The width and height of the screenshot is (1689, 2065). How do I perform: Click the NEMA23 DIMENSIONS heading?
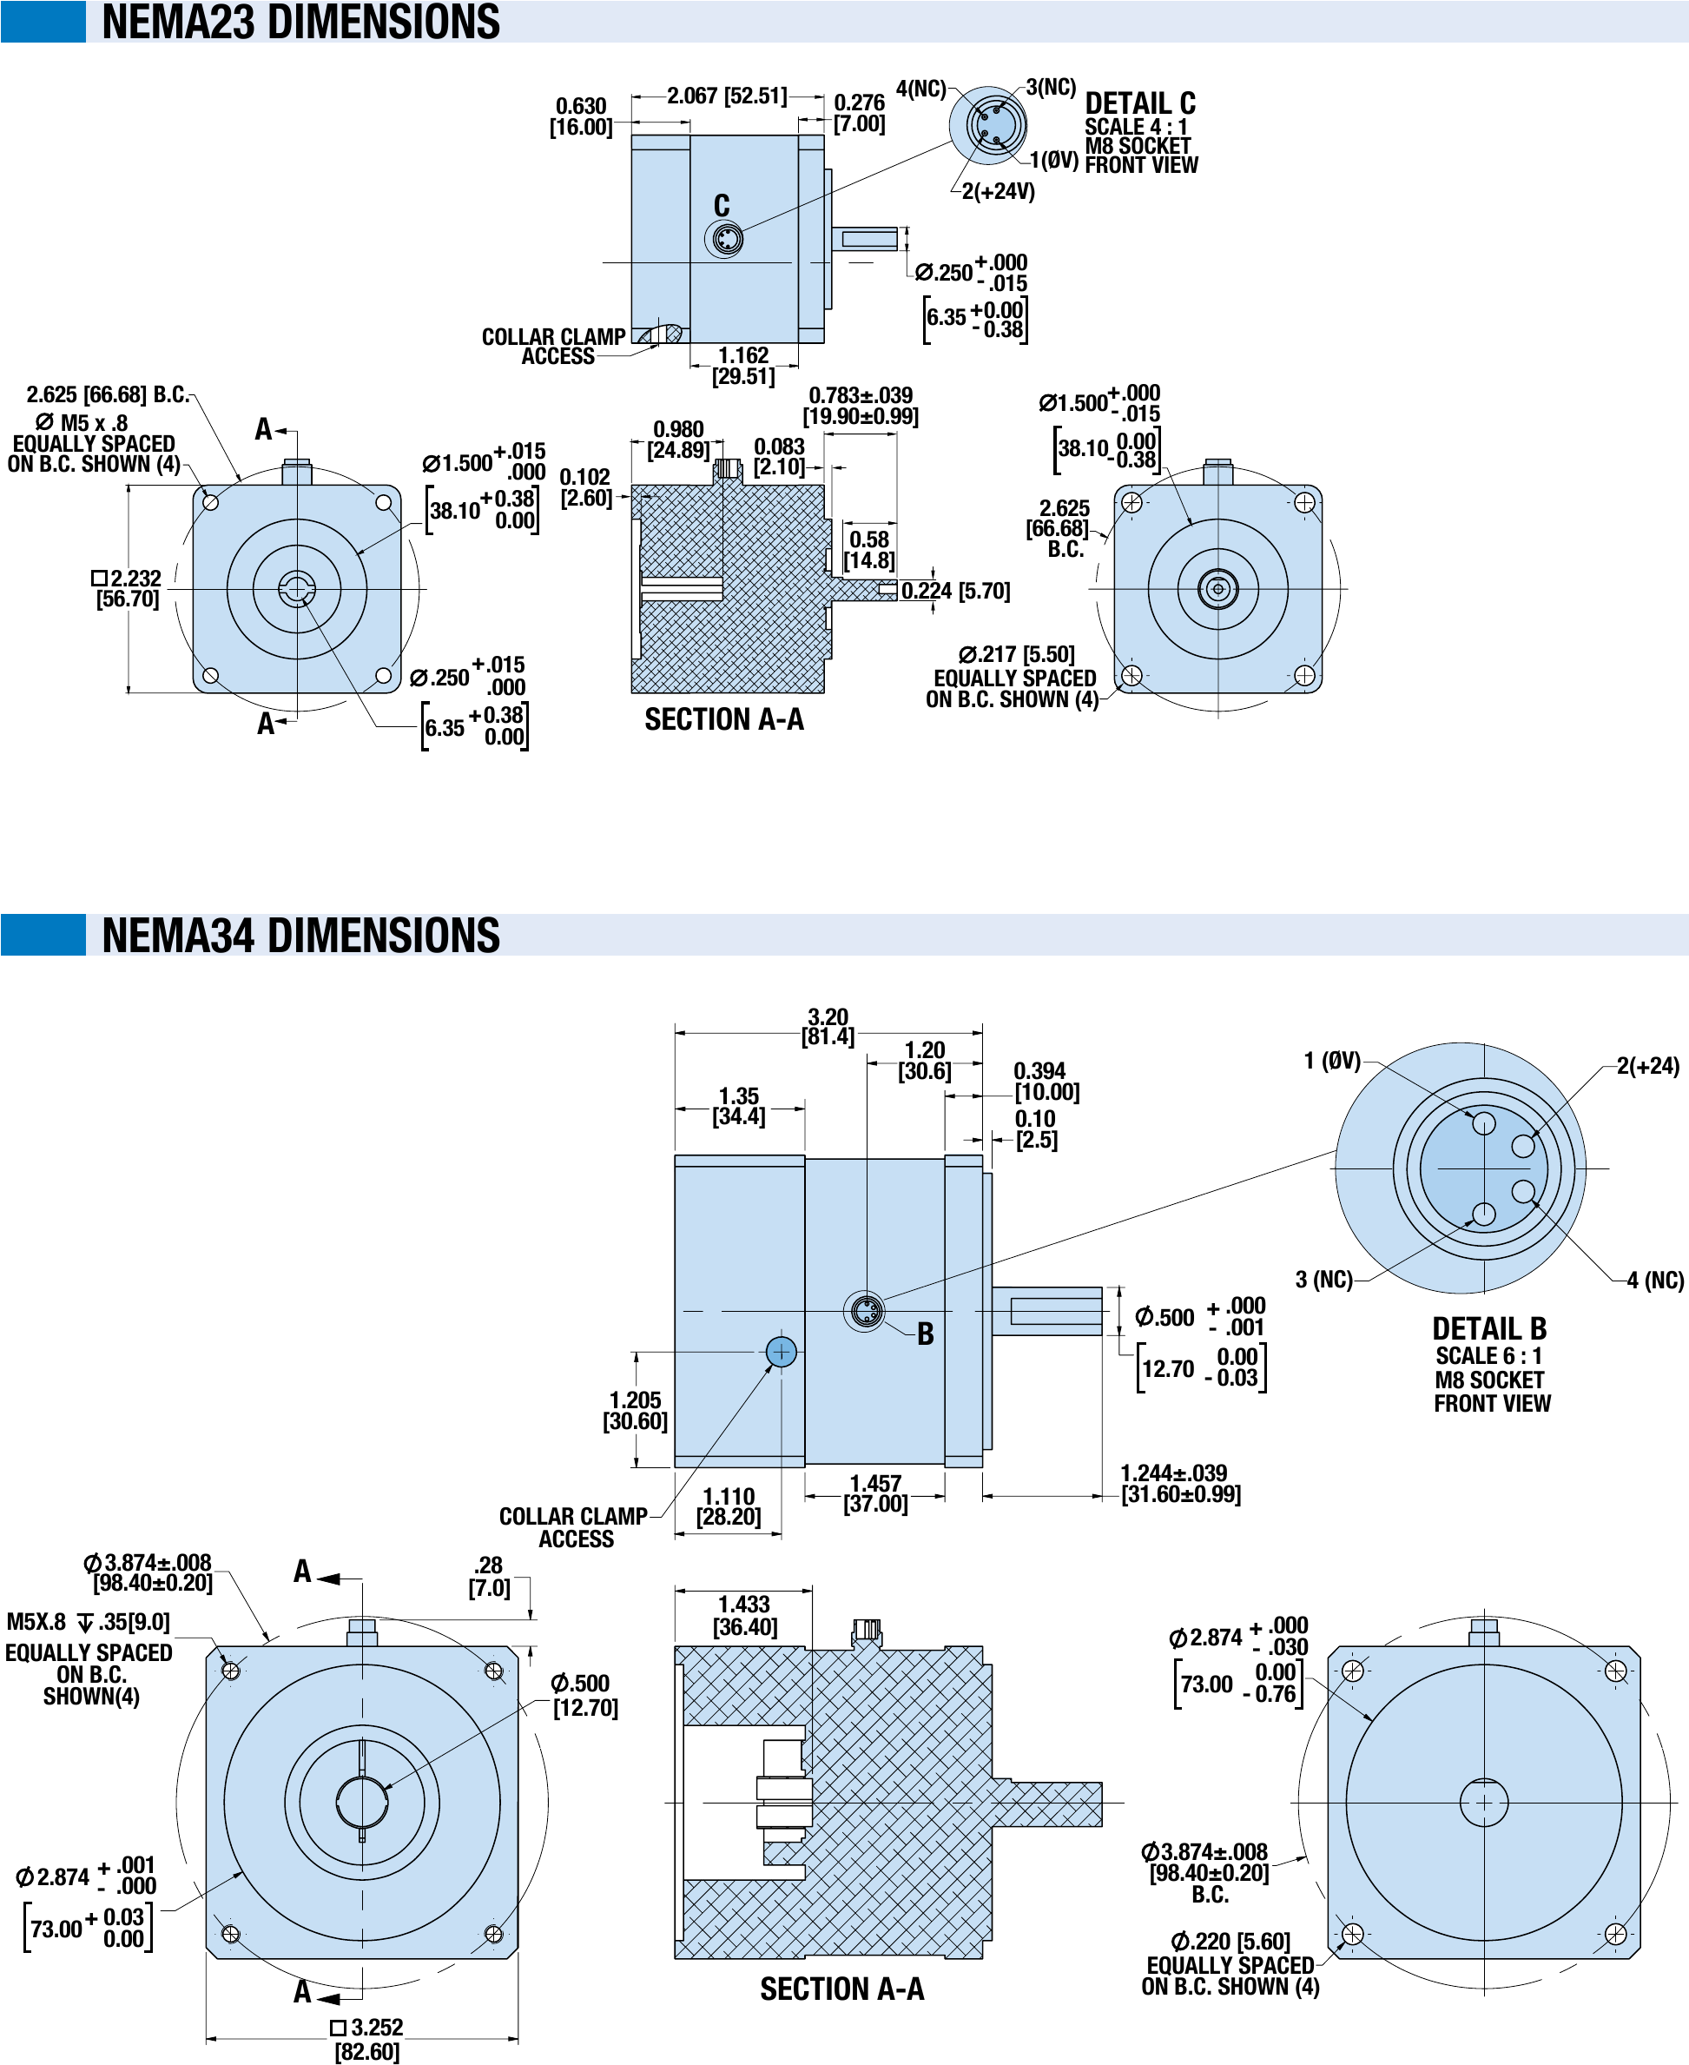(x=300, y=22)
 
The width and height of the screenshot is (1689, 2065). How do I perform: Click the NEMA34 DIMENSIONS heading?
(x=300, y=935)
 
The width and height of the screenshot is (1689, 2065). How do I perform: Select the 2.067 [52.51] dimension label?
(x=726, y=96)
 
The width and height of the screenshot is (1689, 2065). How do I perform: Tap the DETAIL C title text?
(x=1139, y=103)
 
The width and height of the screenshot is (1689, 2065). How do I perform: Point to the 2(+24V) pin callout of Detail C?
(x=997, y=192)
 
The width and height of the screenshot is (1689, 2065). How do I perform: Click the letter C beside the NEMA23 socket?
(x=721, y=205)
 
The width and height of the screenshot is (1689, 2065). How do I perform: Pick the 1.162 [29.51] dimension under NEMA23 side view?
(x=743, y=366)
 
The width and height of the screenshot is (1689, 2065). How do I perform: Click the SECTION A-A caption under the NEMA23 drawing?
(x=724, y=720)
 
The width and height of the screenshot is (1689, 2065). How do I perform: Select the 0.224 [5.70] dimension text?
(x=954, y=591)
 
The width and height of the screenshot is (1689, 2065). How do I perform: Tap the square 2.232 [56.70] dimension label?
(x=128, y=589)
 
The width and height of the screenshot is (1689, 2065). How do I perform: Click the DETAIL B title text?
(x=1488, y=1328)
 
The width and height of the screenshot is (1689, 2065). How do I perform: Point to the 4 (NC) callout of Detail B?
(x=1654, y=1280)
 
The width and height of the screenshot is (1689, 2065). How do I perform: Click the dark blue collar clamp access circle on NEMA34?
(x=782, y=1352)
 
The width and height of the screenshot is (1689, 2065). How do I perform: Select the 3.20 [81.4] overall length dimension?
(x=828, y=1027)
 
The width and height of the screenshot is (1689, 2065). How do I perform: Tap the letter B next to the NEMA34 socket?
(x=925, y=1334)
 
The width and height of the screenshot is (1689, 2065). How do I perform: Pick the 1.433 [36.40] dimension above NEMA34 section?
(x=744, y=1615)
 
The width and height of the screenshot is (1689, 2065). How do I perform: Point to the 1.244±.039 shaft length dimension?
(x=1179, y=1484)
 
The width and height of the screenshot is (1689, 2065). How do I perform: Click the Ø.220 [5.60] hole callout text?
(x=1230, y=1942)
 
